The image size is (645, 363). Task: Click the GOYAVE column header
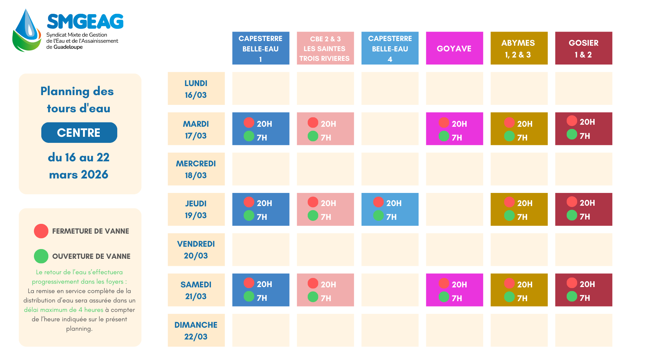coord(454,48)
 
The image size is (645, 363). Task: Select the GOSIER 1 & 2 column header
coord(584,48)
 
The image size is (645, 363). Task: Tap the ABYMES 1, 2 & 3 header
coord(519,48)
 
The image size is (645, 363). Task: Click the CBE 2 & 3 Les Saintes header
coord(325,48)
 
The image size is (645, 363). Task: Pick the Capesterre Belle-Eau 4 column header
coord(390,48)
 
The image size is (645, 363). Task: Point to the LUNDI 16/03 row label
coord(196,89)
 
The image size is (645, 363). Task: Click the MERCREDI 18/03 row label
coord(196,169)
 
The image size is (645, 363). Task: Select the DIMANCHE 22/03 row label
coord(196,330)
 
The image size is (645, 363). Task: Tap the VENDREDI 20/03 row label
coord(196,250)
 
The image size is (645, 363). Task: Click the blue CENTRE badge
coord(79,133)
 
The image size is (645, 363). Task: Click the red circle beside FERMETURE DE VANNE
coord(41,231)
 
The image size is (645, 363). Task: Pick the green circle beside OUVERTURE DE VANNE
coord(41,256)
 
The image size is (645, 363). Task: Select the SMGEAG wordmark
coord(85,22)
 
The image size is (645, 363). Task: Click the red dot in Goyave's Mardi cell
coord(444,123)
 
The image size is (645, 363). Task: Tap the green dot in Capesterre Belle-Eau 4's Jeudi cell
coord(378,215)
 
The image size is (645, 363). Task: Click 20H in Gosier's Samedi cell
coord(587,284)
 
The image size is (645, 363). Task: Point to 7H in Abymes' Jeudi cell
coord(522,217)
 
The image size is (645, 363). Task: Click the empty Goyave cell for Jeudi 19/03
coord(454,209)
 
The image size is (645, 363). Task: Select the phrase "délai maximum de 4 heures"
coord(63,310)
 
